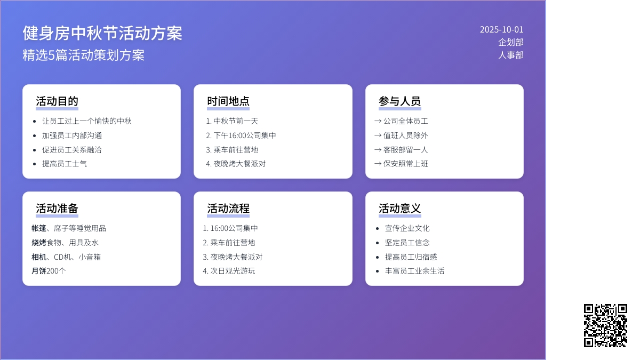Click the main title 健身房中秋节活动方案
(x=102, y=33)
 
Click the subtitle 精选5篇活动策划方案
(x=84, y=55)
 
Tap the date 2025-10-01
(x=501, y=29)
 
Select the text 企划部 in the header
(x=511, y=42)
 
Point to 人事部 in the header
(x=511, y=55)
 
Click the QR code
(x=605, y=325)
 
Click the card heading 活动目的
(x=57, y=101)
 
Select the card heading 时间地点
(x=228, y=101)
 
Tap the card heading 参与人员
(x=399, y=101)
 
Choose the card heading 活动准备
(x=57, y=209)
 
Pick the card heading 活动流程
(x=228, y=209)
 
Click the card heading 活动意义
(x=399, y=209)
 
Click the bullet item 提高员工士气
(x=65, y=164)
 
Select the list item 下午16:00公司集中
(x=245, y=135)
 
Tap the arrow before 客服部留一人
(x=378, y=150)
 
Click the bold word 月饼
(x=39, y=271)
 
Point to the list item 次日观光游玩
(x=233, y=271)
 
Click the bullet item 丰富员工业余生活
(x=414, y=271)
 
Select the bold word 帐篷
(x=39, y=228)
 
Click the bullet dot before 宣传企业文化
(x=378, y=229)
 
